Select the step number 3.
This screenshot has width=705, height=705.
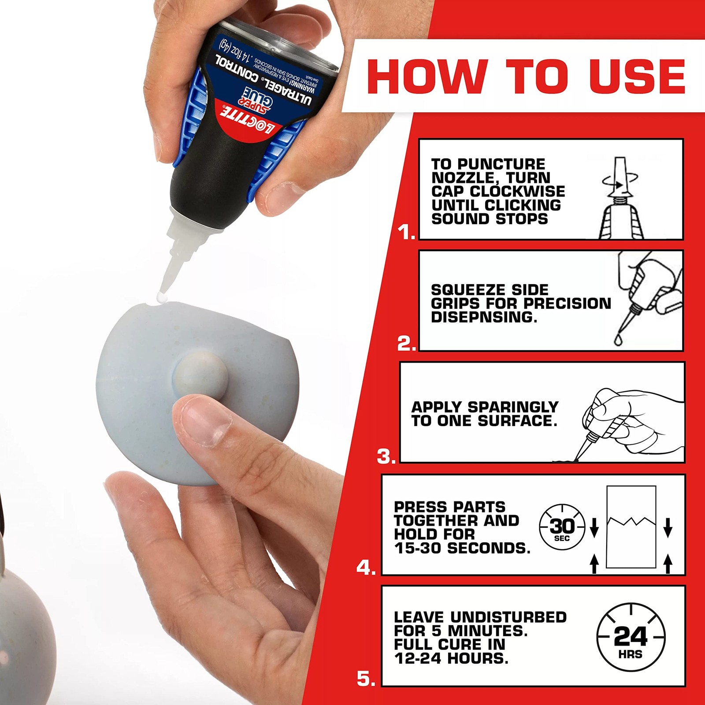386,457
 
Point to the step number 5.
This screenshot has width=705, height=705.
366,679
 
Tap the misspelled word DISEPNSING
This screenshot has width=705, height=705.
484,317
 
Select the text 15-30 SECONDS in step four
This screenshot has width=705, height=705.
462,548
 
